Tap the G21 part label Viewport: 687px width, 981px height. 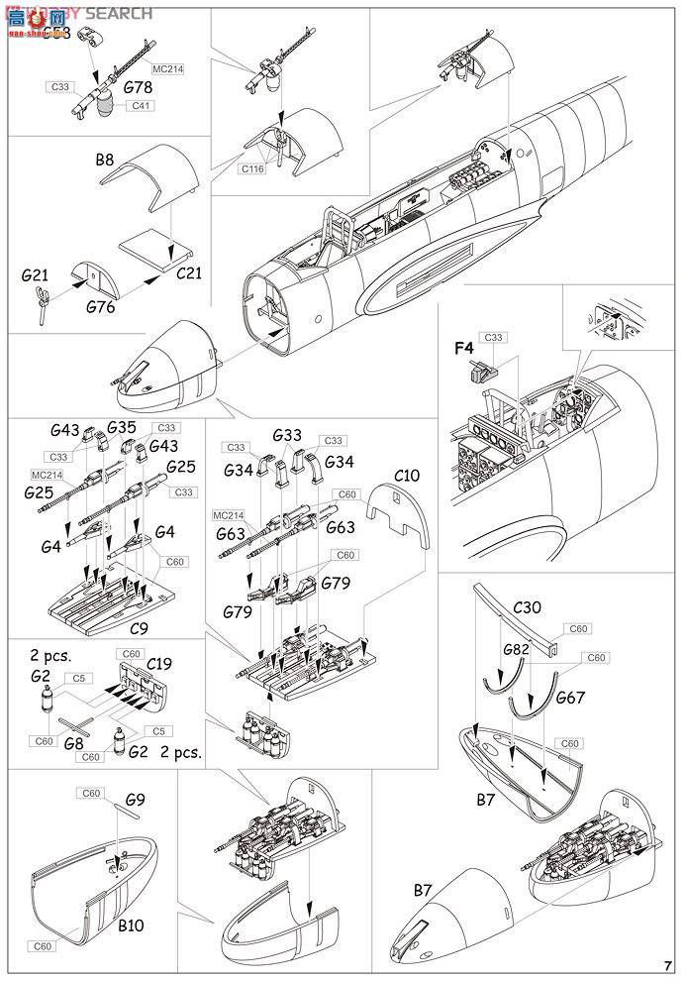[x=36, y=273]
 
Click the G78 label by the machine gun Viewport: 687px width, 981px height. [x=139, y=87]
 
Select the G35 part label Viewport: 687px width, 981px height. [x=122, y=428]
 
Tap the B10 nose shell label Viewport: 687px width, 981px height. [x=133, y=926]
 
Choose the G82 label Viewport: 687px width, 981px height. [x=515, y=649]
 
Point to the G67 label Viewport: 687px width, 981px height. [x=571, y=698]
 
